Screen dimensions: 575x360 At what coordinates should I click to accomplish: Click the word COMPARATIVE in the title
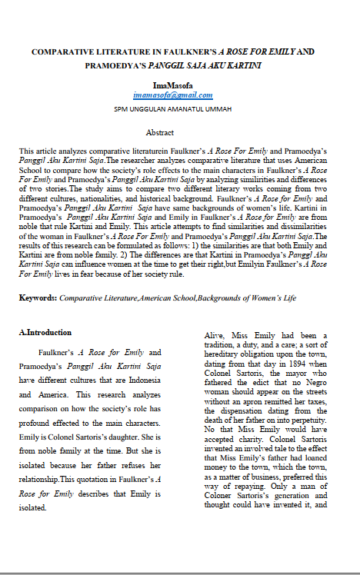point(62,51)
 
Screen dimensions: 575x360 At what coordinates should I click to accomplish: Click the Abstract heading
point(160,133)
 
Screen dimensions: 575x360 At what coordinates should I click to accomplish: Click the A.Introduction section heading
point(45,333)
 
